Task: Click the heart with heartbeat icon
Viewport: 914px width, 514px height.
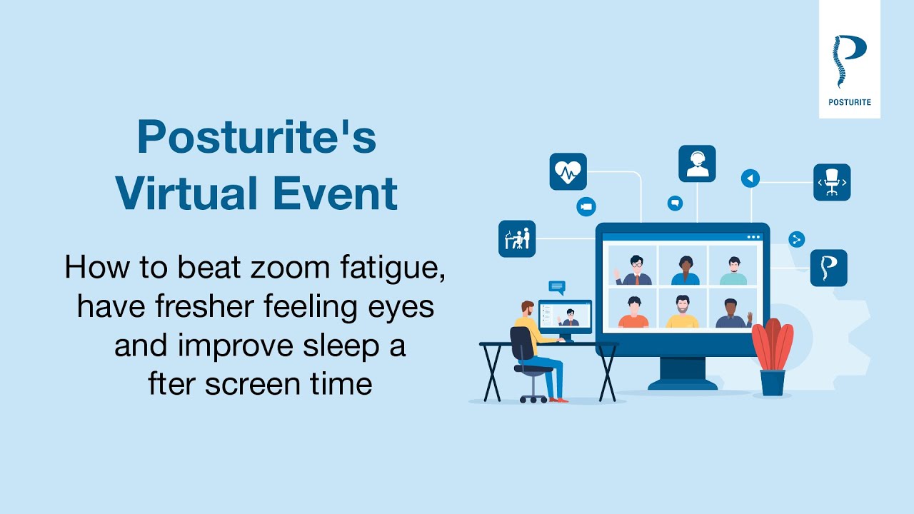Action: tap(568, 171)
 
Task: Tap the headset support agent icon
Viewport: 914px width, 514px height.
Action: tap(697, 163)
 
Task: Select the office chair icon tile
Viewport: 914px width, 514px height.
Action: tap(832, 182)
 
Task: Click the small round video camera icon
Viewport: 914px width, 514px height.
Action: tap(586, 206)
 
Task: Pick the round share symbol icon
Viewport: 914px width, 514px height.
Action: tap(797, 239)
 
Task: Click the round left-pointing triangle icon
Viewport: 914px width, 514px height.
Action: tap(750, 178)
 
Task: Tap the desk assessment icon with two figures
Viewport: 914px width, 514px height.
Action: tap(517, 238)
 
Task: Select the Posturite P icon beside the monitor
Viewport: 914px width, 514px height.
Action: tap(829, 268)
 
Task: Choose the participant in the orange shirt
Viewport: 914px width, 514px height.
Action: tap(633, 312)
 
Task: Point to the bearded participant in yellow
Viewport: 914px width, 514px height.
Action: tap(682, 312)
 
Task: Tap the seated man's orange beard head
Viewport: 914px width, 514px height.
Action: tap(527, 308)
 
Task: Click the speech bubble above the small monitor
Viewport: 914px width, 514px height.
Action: tap(557, 287)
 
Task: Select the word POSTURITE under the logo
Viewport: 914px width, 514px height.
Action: tap(849, 102)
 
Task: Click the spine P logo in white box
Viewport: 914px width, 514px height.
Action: tap(848, 61)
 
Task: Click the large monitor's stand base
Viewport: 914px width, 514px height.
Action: tap(682, 384)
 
